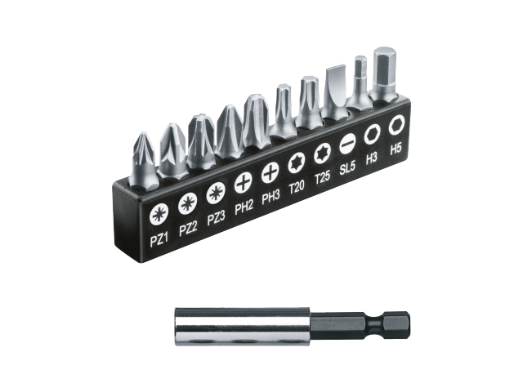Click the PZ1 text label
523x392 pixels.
pos(159,239)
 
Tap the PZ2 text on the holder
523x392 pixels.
pos(188,229)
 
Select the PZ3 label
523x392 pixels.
pos(216,219)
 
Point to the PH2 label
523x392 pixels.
pos(244,208)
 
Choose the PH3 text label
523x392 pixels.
pos(270,198)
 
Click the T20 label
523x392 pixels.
pos(297,188)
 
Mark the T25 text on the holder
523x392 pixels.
pos(322,178)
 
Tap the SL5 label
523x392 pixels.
pos(347,167)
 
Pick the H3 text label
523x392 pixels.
pos(371,158)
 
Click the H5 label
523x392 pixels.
pos(396,149)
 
